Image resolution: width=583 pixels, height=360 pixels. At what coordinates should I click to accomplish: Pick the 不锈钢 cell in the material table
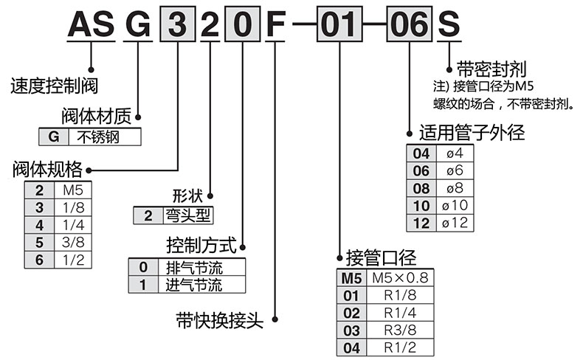[103, 137]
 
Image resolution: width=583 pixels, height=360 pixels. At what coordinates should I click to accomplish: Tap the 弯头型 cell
[187, 216]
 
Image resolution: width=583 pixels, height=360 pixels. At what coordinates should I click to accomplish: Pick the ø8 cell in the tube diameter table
[454, 188]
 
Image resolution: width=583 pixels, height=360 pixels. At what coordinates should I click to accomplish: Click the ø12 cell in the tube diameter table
[454, 223]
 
